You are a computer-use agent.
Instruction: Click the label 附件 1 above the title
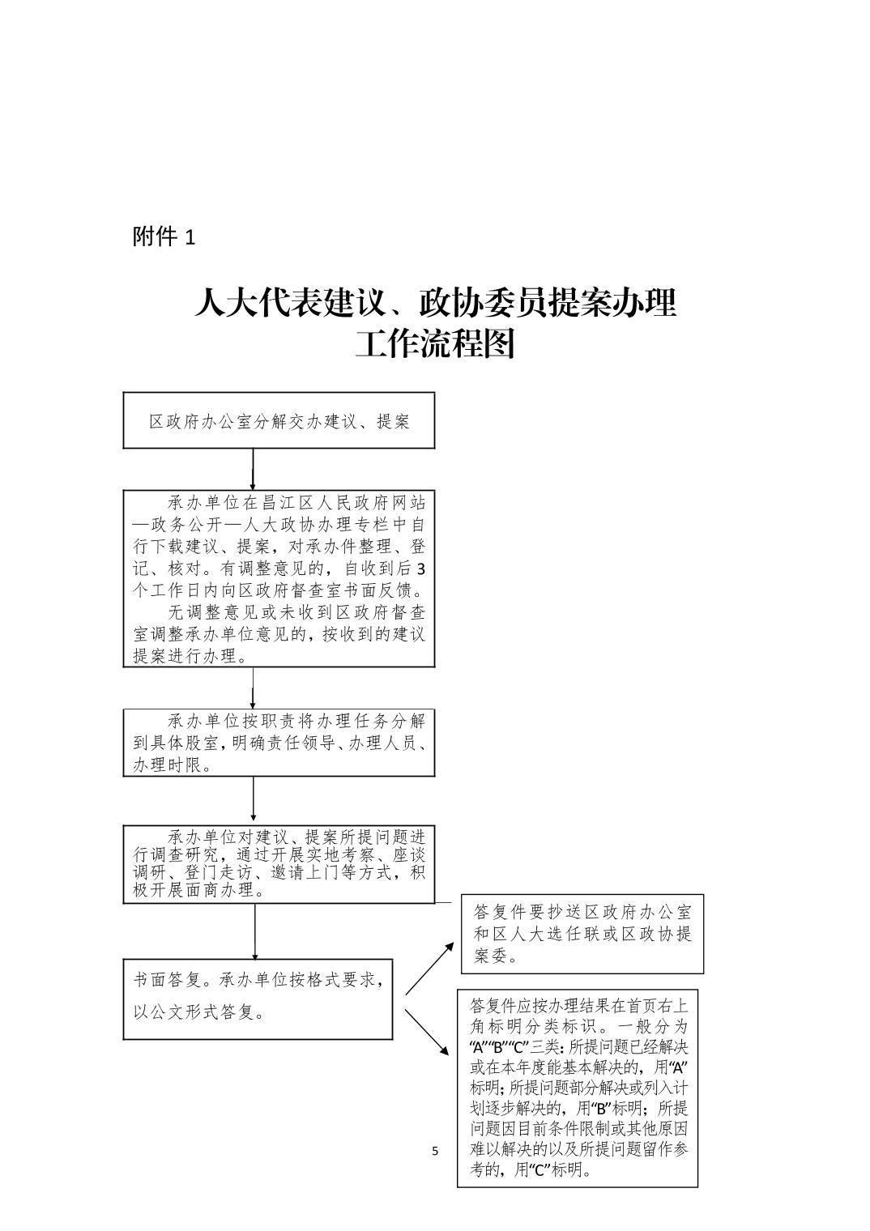(164, 236)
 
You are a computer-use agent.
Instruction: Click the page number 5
(435, 1151)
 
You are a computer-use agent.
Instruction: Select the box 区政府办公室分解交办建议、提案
(279, 421)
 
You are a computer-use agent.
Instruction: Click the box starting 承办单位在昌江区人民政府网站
(279, 578)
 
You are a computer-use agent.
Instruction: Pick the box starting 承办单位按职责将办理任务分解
(279, 743)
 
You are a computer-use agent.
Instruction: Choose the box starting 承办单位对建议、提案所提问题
(279, 864)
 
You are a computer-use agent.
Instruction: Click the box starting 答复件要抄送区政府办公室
(582, 934)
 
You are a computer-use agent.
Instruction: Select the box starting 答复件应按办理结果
(578, 1088)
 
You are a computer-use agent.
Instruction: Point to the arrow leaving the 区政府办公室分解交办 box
(254, 469)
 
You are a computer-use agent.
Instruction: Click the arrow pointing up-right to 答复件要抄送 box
(430, 968)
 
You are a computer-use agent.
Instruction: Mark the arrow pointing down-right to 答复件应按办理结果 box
(427, 1032)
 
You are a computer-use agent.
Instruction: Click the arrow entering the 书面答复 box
(255, 931)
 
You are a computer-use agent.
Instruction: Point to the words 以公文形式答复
(199, 1012)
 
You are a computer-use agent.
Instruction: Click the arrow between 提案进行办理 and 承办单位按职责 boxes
(254, 688)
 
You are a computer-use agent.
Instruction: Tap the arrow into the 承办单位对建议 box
(254, 801)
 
